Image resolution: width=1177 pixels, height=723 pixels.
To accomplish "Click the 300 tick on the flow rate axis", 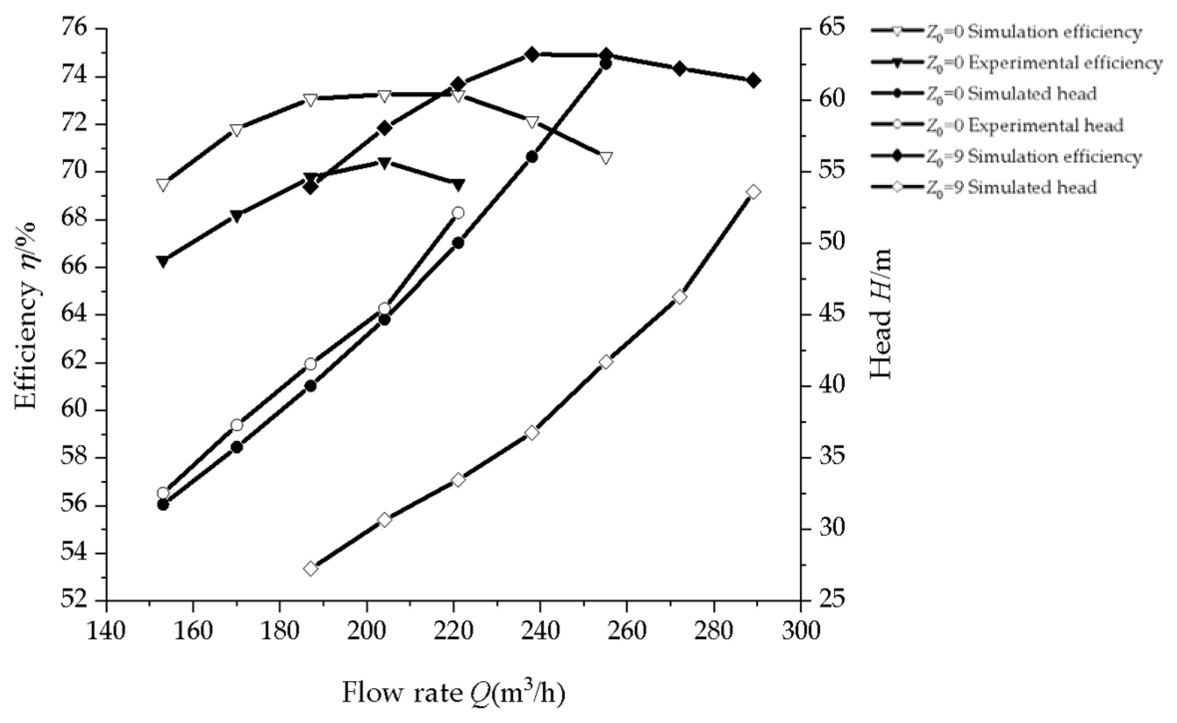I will coord(801,631).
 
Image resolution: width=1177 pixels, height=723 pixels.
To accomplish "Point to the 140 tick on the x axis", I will coord(106,631).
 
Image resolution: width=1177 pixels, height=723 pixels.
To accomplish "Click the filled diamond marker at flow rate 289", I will coord(753,80).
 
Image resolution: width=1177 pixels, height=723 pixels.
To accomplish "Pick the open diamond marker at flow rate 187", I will coord(311,568).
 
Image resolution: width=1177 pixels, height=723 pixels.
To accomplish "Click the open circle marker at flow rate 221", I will coord(458,213).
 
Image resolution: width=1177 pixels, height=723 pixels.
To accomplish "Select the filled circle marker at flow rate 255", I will coord(605,64).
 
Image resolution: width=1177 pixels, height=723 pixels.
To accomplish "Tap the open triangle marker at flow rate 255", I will coord(605,158).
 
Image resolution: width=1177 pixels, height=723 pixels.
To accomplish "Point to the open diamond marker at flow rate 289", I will coord(753,192).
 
